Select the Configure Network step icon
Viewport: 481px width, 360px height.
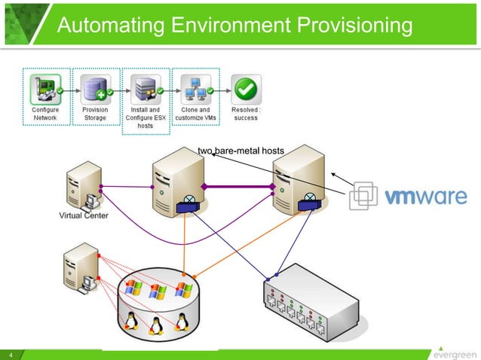[x=45, y=88]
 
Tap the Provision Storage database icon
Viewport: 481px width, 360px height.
[x=95, y=88]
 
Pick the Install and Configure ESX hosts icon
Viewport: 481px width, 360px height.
[x=146, y=88]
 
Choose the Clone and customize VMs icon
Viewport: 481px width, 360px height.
[x=195, y=88]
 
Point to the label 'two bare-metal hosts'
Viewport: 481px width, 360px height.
[x=240, y=151]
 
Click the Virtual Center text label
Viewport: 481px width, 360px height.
[x=84, y=216]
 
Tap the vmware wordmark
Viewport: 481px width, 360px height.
[x=425, y=197]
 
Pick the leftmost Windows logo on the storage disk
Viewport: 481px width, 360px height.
[x=133, y=288]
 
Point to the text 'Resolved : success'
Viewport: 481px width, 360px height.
[x=246, y=114]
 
